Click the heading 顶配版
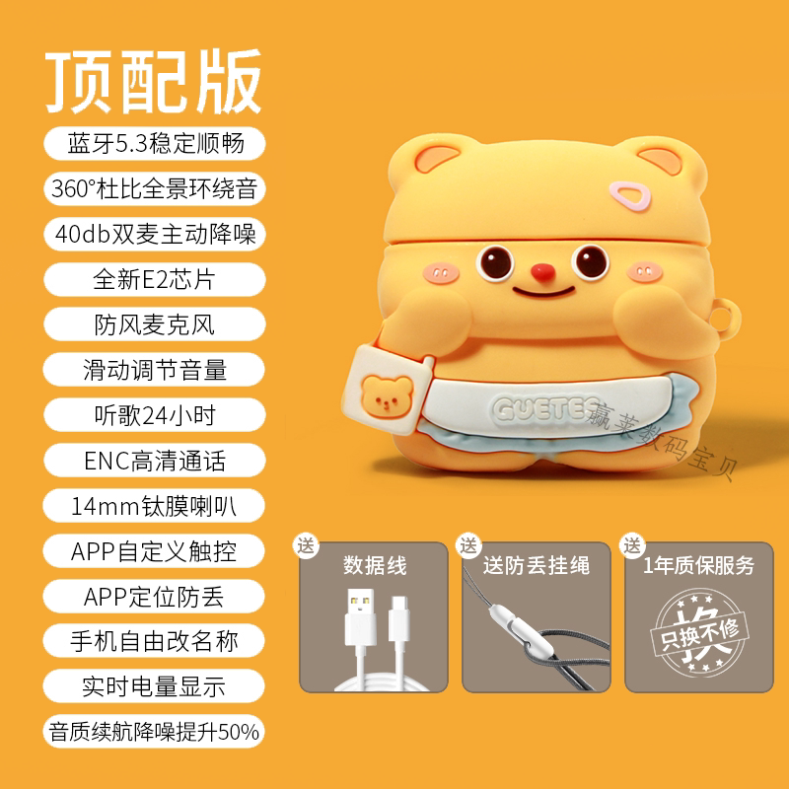[x=154, y=82]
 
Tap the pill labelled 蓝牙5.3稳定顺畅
[x=155, y=143]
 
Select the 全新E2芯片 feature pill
[x=155, y=279]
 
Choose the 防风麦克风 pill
[x=155, y=324]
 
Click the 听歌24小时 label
[x=155, y=415]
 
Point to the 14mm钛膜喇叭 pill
[x=154, y=506]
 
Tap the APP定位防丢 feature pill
[x=154, y=597]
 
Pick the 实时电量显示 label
[x=154, y=686]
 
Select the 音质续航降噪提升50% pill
[x=154, y=731]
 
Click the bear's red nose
[x=543, y=272]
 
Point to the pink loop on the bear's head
[x=629, y=195]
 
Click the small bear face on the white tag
[x=387, y=396]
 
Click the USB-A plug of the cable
[x=360, y=618]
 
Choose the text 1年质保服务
[x=699, y=565]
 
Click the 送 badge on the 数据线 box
[x=306, y=545]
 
